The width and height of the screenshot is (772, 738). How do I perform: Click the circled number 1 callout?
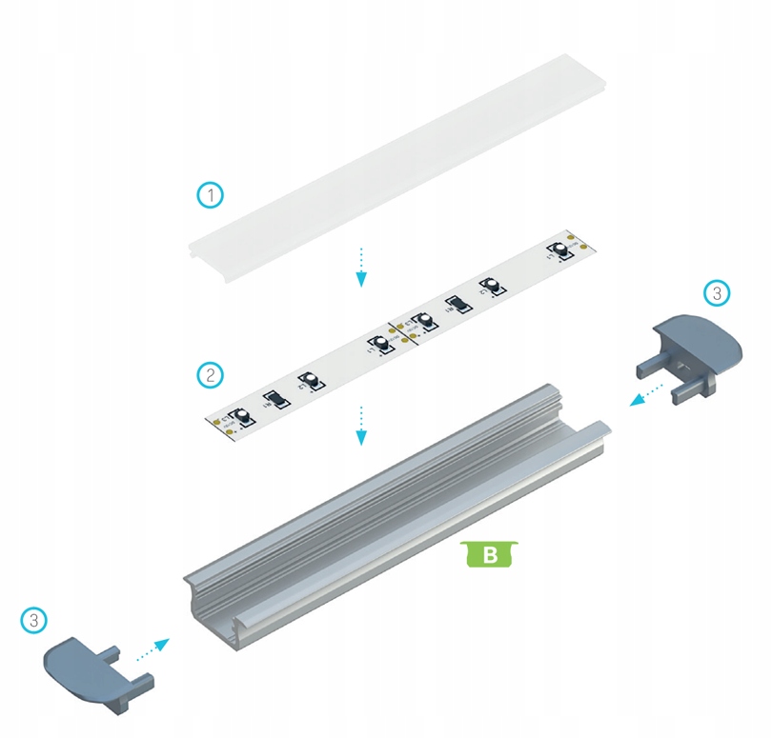click(x=211, y=195)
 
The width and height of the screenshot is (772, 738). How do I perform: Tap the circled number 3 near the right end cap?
click(x=718, y=293)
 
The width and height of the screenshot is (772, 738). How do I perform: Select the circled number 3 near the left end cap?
click(x=33, y=620)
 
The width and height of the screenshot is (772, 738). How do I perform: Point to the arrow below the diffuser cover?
click(x=361, y=267)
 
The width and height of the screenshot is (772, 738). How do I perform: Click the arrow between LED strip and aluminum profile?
click(x=361, y=425)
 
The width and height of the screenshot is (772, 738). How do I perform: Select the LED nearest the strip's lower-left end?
click(x=242, y=416)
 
